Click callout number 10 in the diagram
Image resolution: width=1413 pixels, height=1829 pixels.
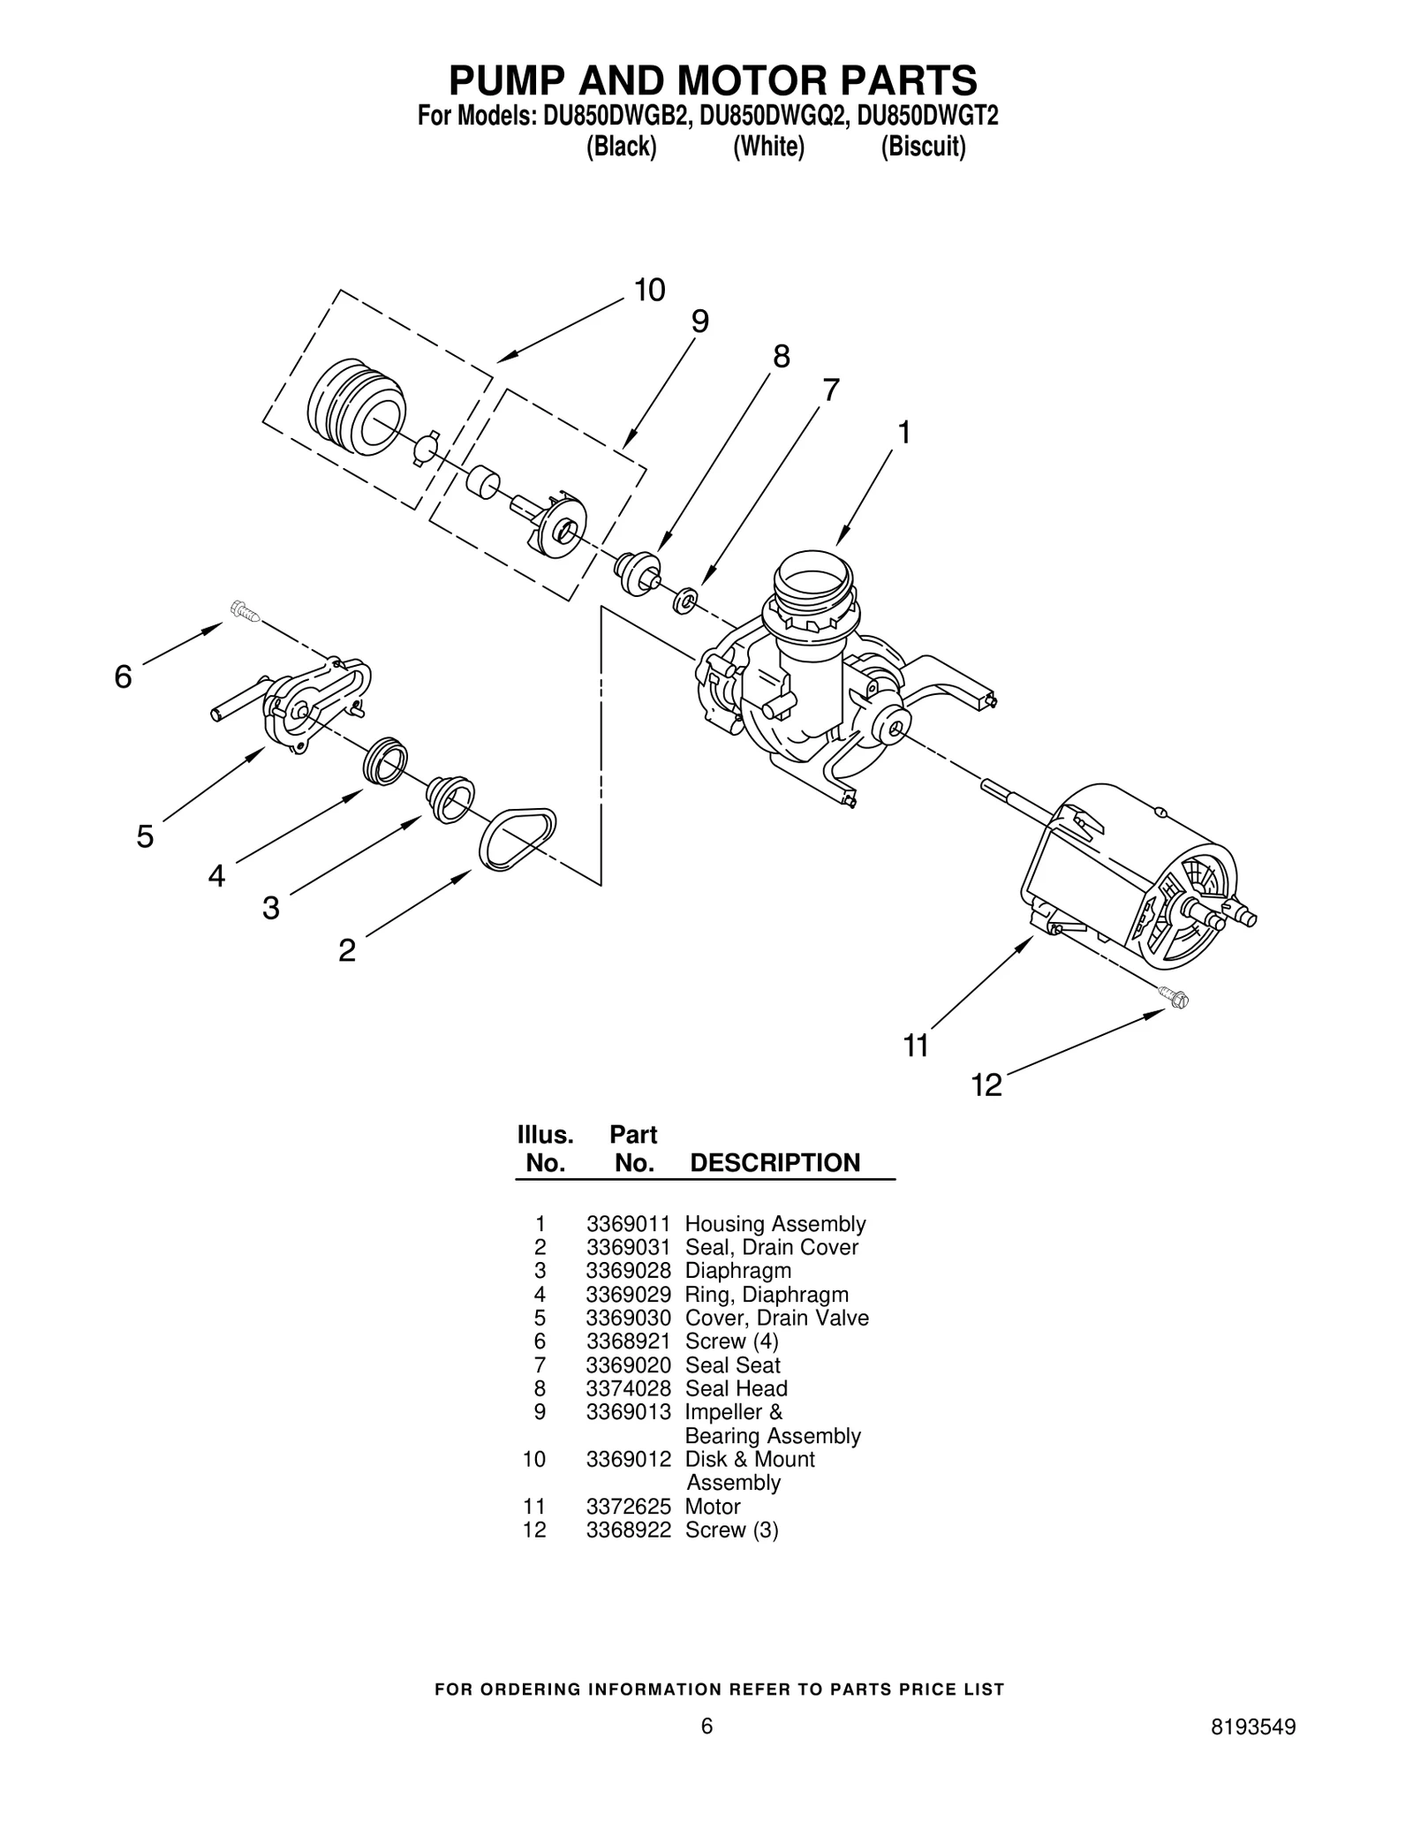pos(649,291)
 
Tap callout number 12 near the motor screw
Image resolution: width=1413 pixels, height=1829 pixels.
pos(986,1085)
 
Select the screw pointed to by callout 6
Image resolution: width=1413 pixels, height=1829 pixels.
pos(244,611)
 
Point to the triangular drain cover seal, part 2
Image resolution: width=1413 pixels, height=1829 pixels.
pos(517,840)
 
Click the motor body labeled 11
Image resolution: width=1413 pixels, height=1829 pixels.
pos(1139,874)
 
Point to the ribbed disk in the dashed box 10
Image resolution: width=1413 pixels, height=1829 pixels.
pos(356,407)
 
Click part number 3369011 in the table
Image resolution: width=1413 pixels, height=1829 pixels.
pos(628,1224)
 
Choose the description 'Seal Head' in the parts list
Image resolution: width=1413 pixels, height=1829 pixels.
pos(736,1388)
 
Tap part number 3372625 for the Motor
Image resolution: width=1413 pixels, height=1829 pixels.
pos(628,1507)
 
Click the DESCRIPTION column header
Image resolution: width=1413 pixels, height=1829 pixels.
pos(775,1163)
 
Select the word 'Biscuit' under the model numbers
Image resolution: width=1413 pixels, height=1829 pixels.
pos(923,147)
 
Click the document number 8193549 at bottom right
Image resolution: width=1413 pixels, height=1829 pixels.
pos(1253,1751)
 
